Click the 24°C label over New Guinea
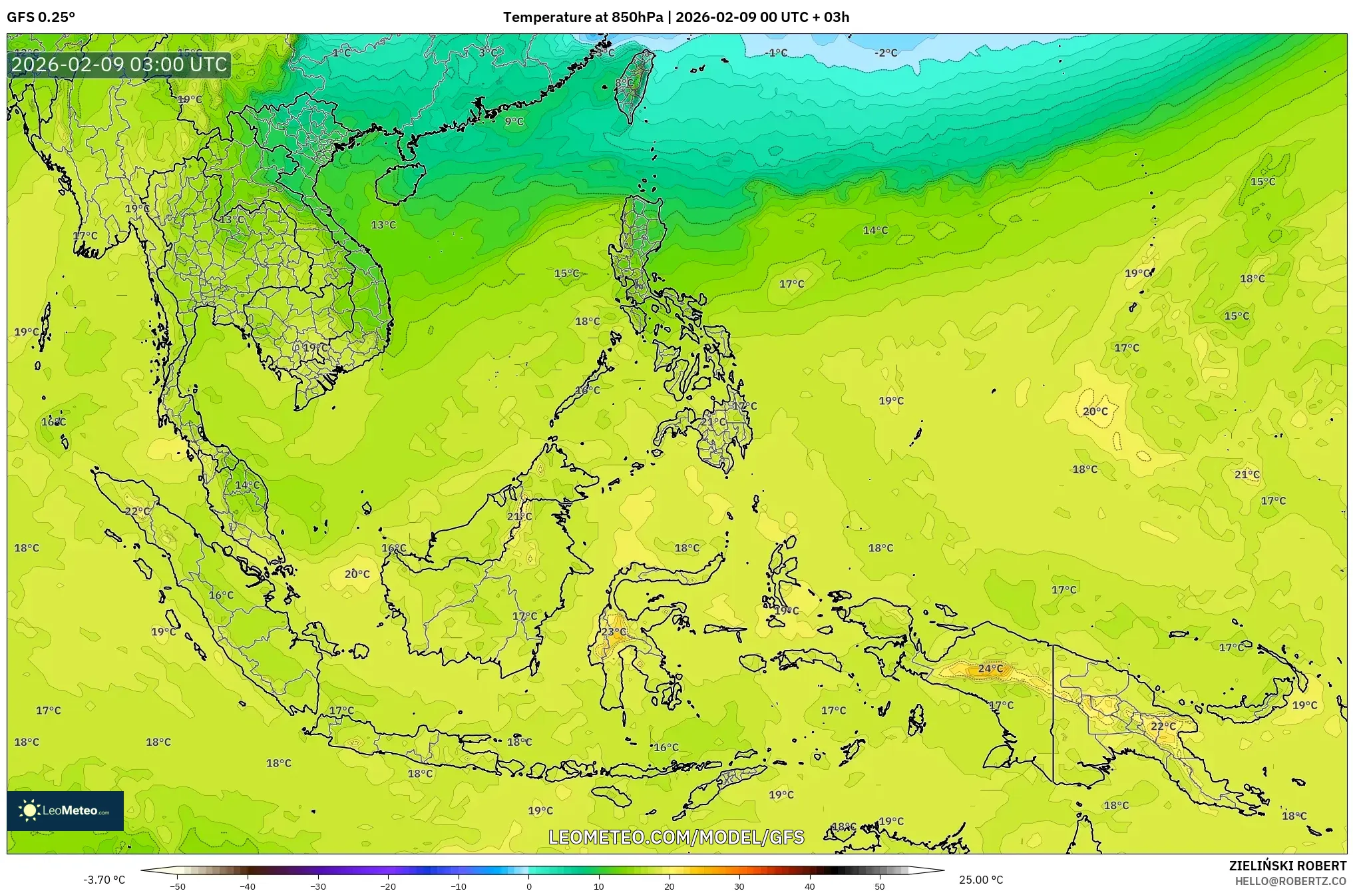click(990, 669)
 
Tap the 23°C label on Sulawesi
click(614, 632)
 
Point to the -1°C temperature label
click(776, 53)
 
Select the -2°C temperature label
click(886, 53)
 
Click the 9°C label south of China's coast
click(514, 121)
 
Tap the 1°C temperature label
click(341, 53)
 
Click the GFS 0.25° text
click(41, 17)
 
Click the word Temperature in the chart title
click(541, 17)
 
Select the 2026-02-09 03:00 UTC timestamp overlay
click(119, 65)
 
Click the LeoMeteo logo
click(65, 810)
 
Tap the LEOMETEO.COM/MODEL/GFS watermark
click(676, 837)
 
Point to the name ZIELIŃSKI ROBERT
click(1288, 866)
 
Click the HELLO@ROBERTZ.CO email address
click(1290, 881)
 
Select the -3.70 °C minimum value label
click(104, 880)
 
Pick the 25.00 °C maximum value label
click(981, 880)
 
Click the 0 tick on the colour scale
click(529, 886)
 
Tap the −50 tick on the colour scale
click(178, 886)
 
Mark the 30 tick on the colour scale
click(739, 886)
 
